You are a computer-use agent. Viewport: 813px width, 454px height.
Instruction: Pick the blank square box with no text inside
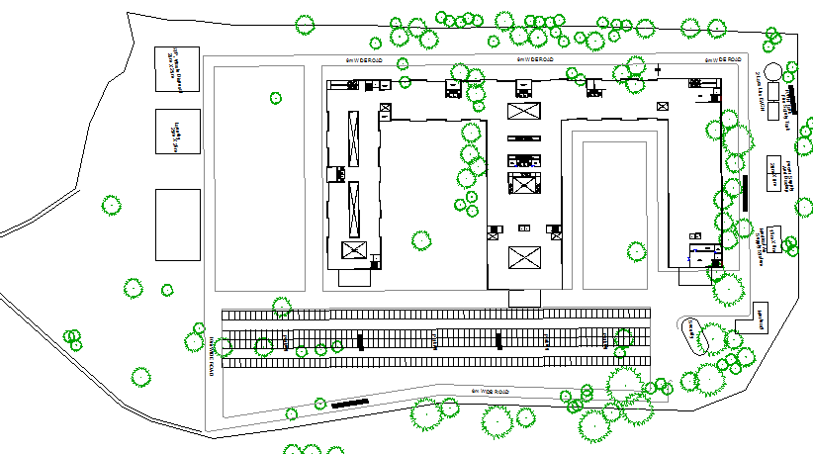click(178, 224)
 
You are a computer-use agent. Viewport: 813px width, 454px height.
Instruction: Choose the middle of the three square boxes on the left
click(178, 131)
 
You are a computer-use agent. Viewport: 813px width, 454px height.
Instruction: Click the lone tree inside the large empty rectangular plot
click(276, 97)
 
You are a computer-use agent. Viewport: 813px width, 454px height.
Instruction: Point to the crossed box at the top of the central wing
click(524, 111)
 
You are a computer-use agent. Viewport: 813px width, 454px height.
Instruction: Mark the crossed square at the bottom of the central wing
click(524, 258)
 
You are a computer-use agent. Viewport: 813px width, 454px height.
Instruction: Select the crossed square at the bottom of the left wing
click(353, 250)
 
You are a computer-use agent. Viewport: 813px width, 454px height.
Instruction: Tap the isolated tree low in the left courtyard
click(420, 238)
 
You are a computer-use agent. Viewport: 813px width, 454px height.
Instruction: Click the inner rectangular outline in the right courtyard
click(614, 213)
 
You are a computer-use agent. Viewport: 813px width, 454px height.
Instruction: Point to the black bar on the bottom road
click(350, 402)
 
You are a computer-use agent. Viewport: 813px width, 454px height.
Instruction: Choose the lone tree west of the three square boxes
click(112, 205)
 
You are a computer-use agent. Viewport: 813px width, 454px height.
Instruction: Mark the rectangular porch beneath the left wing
click(353, 278)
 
